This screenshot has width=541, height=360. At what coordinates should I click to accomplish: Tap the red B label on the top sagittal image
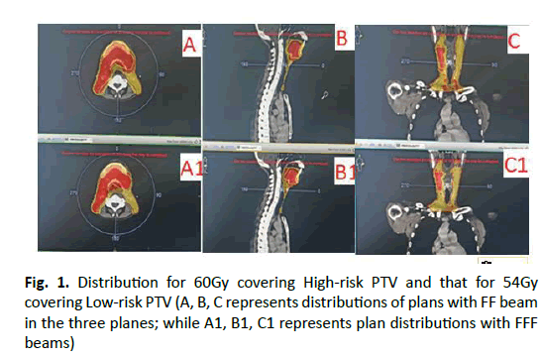click(340, 39)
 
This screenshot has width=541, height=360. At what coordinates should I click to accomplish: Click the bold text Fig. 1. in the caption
click(48, 276)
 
